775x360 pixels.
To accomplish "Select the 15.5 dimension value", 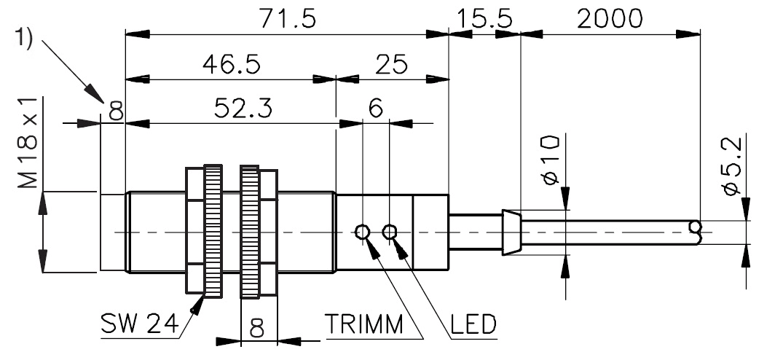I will [x=484, y=19].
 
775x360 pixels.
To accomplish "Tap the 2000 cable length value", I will [x=610, y=19].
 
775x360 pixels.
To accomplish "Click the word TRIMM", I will [x=363, y=323].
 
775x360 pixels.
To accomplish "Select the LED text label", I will [x=472, y=323].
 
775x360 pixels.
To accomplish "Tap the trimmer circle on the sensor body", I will [x=362, y=232].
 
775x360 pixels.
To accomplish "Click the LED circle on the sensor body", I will [x=390, y=232].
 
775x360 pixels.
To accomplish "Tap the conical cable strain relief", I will [x=511, y=232].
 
